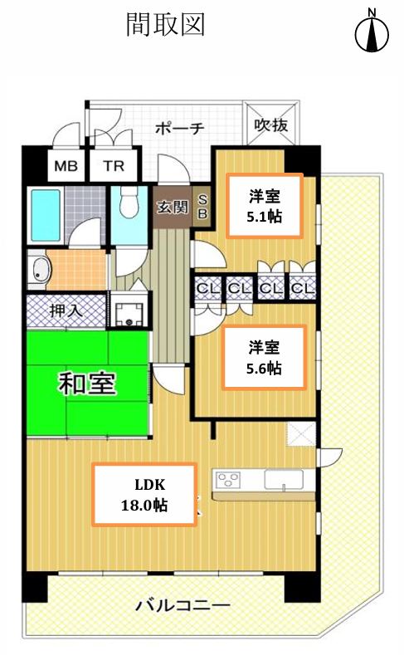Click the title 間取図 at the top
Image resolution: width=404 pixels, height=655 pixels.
pyautogui.click(x=165, y=25)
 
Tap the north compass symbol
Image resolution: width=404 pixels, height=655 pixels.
pyautogui.click(x=372, y=32)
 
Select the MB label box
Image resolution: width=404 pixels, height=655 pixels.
pyautogui.click(x=66, y=166)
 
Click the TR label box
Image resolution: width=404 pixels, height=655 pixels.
pyautogui.click(x=114, y=166)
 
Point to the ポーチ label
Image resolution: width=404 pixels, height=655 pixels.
pyautogui.click(x=180, y=128)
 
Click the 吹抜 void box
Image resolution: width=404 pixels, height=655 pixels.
pyautogui.click(x=271, y=124)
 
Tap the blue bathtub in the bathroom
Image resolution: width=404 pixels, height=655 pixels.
pyautogui.click(x=46, y=215)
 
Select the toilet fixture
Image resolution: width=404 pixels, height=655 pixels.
pyautogui.click(x=129, y=202)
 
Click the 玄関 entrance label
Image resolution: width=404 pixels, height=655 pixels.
pyautogui.click(x=173, y=207)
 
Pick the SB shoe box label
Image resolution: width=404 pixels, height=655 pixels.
pyautogui.click(x=202, y=208)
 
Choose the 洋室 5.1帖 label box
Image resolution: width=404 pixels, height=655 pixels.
pyautogui.click(x=264, y=206)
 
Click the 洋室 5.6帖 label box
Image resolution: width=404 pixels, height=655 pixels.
pyautogui.click(x=264, y=358)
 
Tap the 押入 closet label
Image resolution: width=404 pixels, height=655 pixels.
pyautogui.click(x=66, y=310)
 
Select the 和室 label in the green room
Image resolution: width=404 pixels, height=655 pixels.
pyautogui.click(x=87, y=383)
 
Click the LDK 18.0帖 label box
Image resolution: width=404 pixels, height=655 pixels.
pyautogui.click(x=144, y=495)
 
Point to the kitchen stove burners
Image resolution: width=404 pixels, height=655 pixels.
pyautogui.click(x=227, y=479)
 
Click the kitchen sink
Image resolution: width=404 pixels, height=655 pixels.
pyautogui.click(x=284, y=479)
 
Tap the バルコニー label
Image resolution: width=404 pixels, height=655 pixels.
pyautogui.click(x=183, y=605)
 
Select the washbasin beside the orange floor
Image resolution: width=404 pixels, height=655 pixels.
pyautogui.click(x=39, y=269)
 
